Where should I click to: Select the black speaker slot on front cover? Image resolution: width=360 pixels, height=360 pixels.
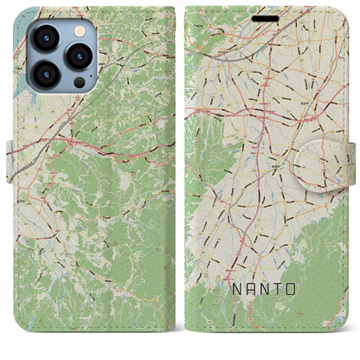coord(265,18)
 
